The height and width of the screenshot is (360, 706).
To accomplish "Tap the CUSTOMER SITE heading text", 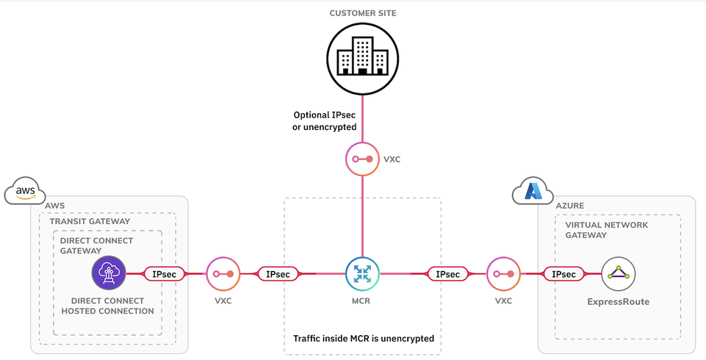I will coord(362,13).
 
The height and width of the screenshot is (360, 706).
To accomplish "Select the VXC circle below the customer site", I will coord(361,159).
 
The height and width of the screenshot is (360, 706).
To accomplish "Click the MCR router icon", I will coord(361,274).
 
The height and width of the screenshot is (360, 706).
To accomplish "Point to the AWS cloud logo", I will coord(25,192).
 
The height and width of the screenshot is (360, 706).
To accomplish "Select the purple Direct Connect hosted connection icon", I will coord(109,274).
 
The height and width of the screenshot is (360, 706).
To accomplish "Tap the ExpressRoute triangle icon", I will coord(618,274).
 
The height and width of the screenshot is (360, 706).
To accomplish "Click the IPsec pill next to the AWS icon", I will coord(163,274).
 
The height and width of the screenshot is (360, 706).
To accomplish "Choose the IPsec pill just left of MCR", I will coord(278,274).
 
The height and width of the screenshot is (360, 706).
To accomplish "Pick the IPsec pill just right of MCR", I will coord(448,274).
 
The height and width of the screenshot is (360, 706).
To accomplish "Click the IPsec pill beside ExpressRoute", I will coord(563,274).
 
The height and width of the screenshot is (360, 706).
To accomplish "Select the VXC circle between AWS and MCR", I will coord(223,274).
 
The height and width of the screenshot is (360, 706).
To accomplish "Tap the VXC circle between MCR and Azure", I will coord(504,274).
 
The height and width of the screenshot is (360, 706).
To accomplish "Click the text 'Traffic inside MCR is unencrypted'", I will coord(363,339).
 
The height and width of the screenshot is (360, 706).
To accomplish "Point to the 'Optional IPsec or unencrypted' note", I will coord(325,121).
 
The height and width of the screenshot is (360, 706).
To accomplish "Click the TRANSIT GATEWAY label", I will coord(90,221).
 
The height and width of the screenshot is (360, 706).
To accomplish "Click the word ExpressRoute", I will coord(618,301).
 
